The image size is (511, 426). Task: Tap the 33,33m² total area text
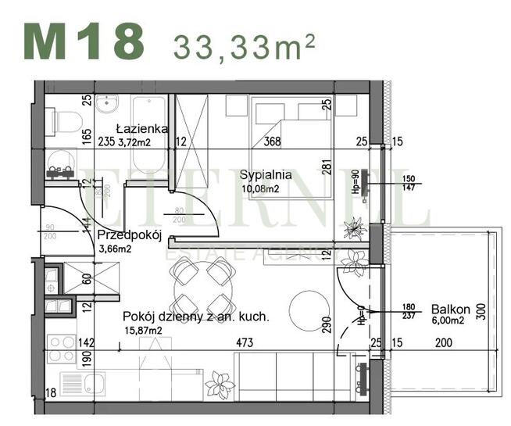[245, 46]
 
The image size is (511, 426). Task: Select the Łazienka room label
[140, 128]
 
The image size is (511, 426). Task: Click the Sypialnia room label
[266, 174]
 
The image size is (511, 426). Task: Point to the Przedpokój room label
[129, 235]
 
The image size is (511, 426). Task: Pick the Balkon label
[450, 309]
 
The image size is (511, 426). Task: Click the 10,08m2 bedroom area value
[259, 188]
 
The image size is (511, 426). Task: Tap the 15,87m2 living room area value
[142, 330]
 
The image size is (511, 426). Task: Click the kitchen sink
[95, 384]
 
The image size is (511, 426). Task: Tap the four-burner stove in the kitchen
[61, 348]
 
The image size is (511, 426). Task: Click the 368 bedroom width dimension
[272, 142]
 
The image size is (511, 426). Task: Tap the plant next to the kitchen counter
[219, 385]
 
